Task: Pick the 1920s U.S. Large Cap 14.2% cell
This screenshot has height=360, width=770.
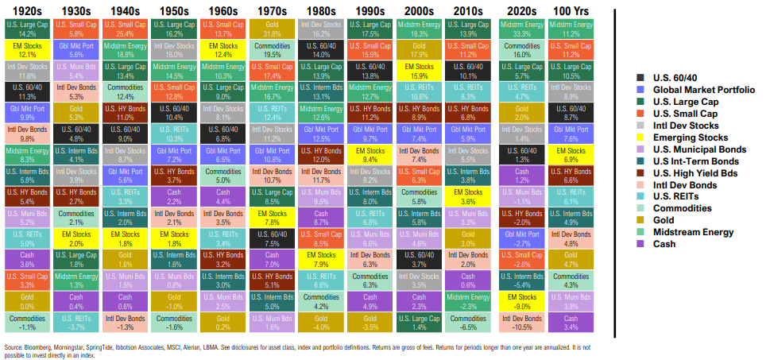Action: pyautogui.click(x=26, y=29)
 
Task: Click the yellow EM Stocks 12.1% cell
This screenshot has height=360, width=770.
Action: pyautogui.click(x=26, y=50)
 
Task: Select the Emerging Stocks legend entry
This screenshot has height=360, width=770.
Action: pyautogui.click(x=681, y=137)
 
